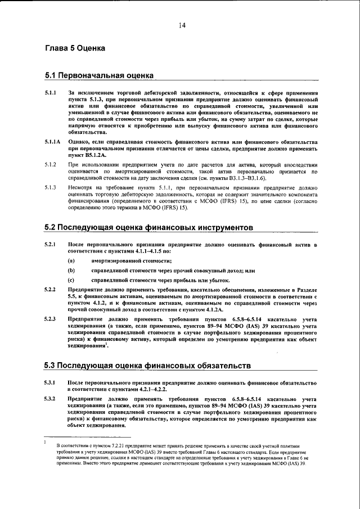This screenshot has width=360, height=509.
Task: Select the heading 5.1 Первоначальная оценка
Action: coord(99,75)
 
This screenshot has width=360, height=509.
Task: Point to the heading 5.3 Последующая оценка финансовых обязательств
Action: coord(147,366)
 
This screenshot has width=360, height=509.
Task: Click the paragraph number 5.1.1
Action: coord(51,92)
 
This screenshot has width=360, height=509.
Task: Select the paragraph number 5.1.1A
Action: coord(53,142)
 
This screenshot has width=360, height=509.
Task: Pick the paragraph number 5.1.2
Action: coord(51,164)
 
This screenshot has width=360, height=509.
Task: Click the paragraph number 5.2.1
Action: coord(51,245)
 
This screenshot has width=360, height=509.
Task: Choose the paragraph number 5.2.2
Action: coord(51,289)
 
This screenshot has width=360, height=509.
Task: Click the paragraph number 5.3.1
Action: coord(51,382)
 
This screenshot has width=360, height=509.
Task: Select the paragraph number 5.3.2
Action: coord(51,398)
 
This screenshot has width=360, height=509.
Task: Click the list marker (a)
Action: coord(71,261)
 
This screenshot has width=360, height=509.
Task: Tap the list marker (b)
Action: coord(71,271)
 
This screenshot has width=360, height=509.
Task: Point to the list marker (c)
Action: coord(71,280)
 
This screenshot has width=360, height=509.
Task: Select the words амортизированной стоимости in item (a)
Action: coord(124,261)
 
